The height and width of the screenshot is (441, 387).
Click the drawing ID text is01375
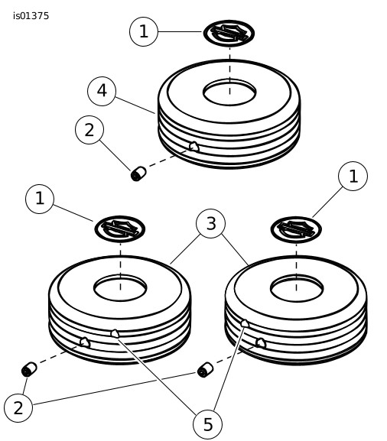(31, 16)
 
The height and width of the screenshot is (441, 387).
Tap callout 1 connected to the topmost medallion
(144, 31)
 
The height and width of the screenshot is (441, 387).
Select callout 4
(102, 91)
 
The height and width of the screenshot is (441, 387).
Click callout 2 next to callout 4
(89, 130)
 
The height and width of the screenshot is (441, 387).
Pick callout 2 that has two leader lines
(18, 408)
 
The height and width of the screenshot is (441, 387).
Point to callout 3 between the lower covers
(210, 224)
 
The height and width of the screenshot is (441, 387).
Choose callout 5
(208, 424)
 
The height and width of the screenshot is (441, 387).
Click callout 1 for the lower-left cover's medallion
(40, 199)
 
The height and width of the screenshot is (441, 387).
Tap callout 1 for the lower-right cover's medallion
(353, 176)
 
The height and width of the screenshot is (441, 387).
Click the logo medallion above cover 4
(229, 33)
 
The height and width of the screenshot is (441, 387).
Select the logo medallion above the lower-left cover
(120, 229)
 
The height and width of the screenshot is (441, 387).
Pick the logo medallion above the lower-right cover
(296, 229)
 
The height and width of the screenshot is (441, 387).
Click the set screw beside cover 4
(138, 173)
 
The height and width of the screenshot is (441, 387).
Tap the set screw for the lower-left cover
(29, 369)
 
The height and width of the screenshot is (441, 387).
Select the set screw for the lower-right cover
(206, 370)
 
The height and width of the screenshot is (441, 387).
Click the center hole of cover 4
(229, 92)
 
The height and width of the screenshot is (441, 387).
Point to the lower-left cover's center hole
(120, 288)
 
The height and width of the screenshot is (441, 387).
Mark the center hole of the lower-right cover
(297, 289)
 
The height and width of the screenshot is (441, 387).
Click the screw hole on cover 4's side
(194, 146)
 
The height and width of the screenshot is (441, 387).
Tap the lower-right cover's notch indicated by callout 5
(245, 323)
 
